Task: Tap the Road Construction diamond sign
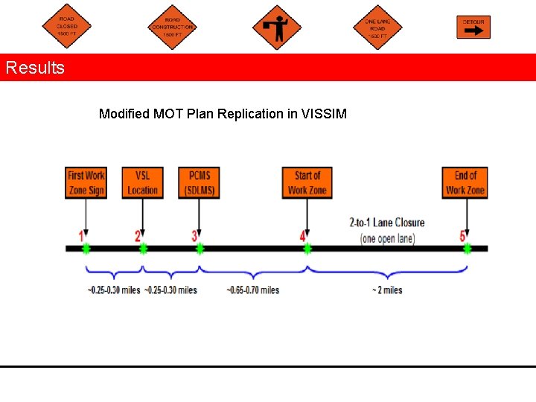click(173, 28)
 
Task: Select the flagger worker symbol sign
click(277, 28)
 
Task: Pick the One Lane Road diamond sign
click(377, 28)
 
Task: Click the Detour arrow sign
click(473, 27)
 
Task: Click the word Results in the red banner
click(35, 68)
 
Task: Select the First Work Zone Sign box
click(86, 182)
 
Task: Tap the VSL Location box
click(142, 182)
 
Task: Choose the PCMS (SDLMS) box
click(199, 182)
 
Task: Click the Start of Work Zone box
click(307, 182)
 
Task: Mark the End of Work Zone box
click(465, 182)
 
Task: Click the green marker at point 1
click(86, 248)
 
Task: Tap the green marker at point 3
click(200, 248)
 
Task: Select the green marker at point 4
click(307, 248)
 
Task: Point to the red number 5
click(462, 236)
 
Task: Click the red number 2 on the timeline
click(138, 236)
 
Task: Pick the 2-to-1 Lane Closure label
click(387, 223)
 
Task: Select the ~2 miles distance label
click(387, 290)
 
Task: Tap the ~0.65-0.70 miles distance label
click(253, 290)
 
